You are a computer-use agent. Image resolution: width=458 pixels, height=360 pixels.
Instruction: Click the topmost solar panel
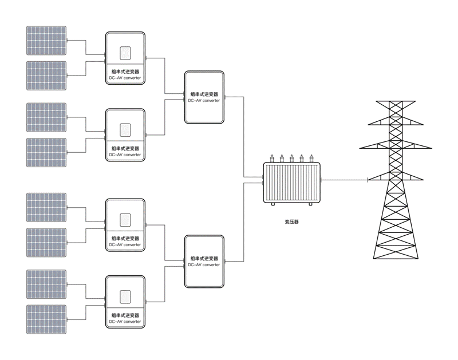(46, 40)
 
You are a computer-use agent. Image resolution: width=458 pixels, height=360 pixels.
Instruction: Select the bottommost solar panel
(46, 319)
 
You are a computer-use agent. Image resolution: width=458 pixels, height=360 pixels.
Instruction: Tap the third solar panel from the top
(46, 117)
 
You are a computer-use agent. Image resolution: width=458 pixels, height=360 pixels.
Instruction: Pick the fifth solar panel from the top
(46, 207)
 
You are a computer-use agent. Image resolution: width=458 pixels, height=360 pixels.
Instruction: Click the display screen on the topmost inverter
(125, 54)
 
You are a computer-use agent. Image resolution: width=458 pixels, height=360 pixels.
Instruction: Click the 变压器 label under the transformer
(291, 221)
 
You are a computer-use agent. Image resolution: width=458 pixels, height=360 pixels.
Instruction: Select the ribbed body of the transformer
(291, 182)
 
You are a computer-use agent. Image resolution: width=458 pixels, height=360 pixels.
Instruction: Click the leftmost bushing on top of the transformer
(273, 157)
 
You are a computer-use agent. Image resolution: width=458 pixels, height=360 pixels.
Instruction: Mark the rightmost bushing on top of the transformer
(311, 157)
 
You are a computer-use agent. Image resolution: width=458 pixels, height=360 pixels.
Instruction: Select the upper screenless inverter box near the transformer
(204, 97)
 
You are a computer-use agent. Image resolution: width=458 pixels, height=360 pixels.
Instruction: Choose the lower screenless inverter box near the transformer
(204, 262)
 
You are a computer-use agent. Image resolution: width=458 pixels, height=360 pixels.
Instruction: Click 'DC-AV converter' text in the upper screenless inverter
(204, 100)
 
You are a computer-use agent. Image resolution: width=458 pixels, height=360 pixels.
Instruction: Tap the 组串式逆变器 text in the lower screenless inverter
(204, 259)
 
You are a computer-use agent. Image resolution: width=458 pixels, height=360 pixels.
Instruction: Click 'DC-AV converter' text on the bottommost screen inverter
(125, 322)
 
